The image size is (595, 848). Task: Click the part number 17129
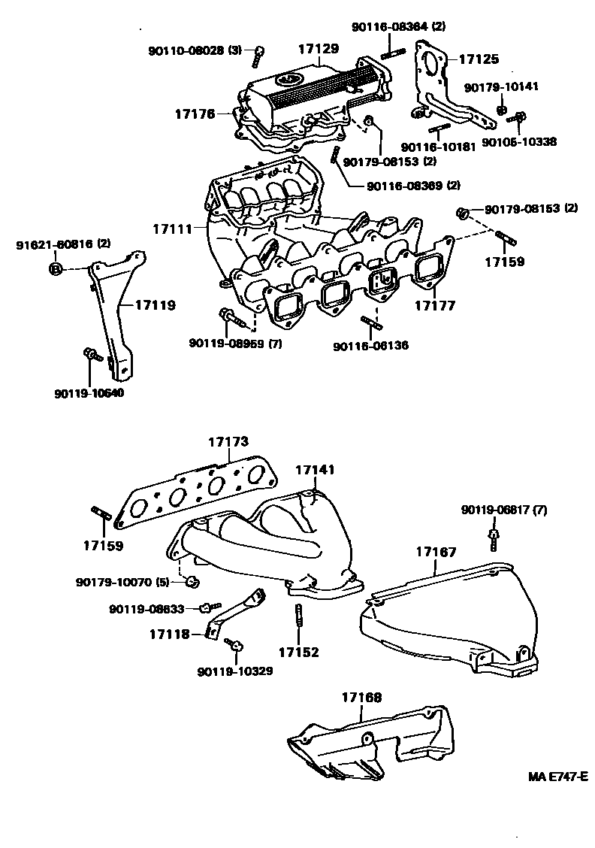pyautogui.click(x=319, y=49)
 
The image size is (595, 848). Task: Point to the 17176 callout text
pyautogui.click(x=195, y=114)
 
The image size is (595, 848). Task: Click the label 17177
pyautogui.click(x=436, y=307)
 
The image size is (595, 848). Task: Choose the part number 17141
pyautogui.click(x=315, y=470)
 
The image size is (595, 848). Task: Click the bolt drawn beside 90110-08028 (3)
pyautogui.click(x=259, y=53)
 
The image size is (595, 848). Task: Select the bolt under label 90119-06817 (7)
pyautogui.click(x=493, y=538)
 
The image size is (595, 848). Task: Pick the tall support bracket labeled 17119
pyautogui.click(x=113, y=316)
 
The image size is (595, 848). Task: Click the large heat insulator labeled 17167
pyautogui.click(x=451, y=616)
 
